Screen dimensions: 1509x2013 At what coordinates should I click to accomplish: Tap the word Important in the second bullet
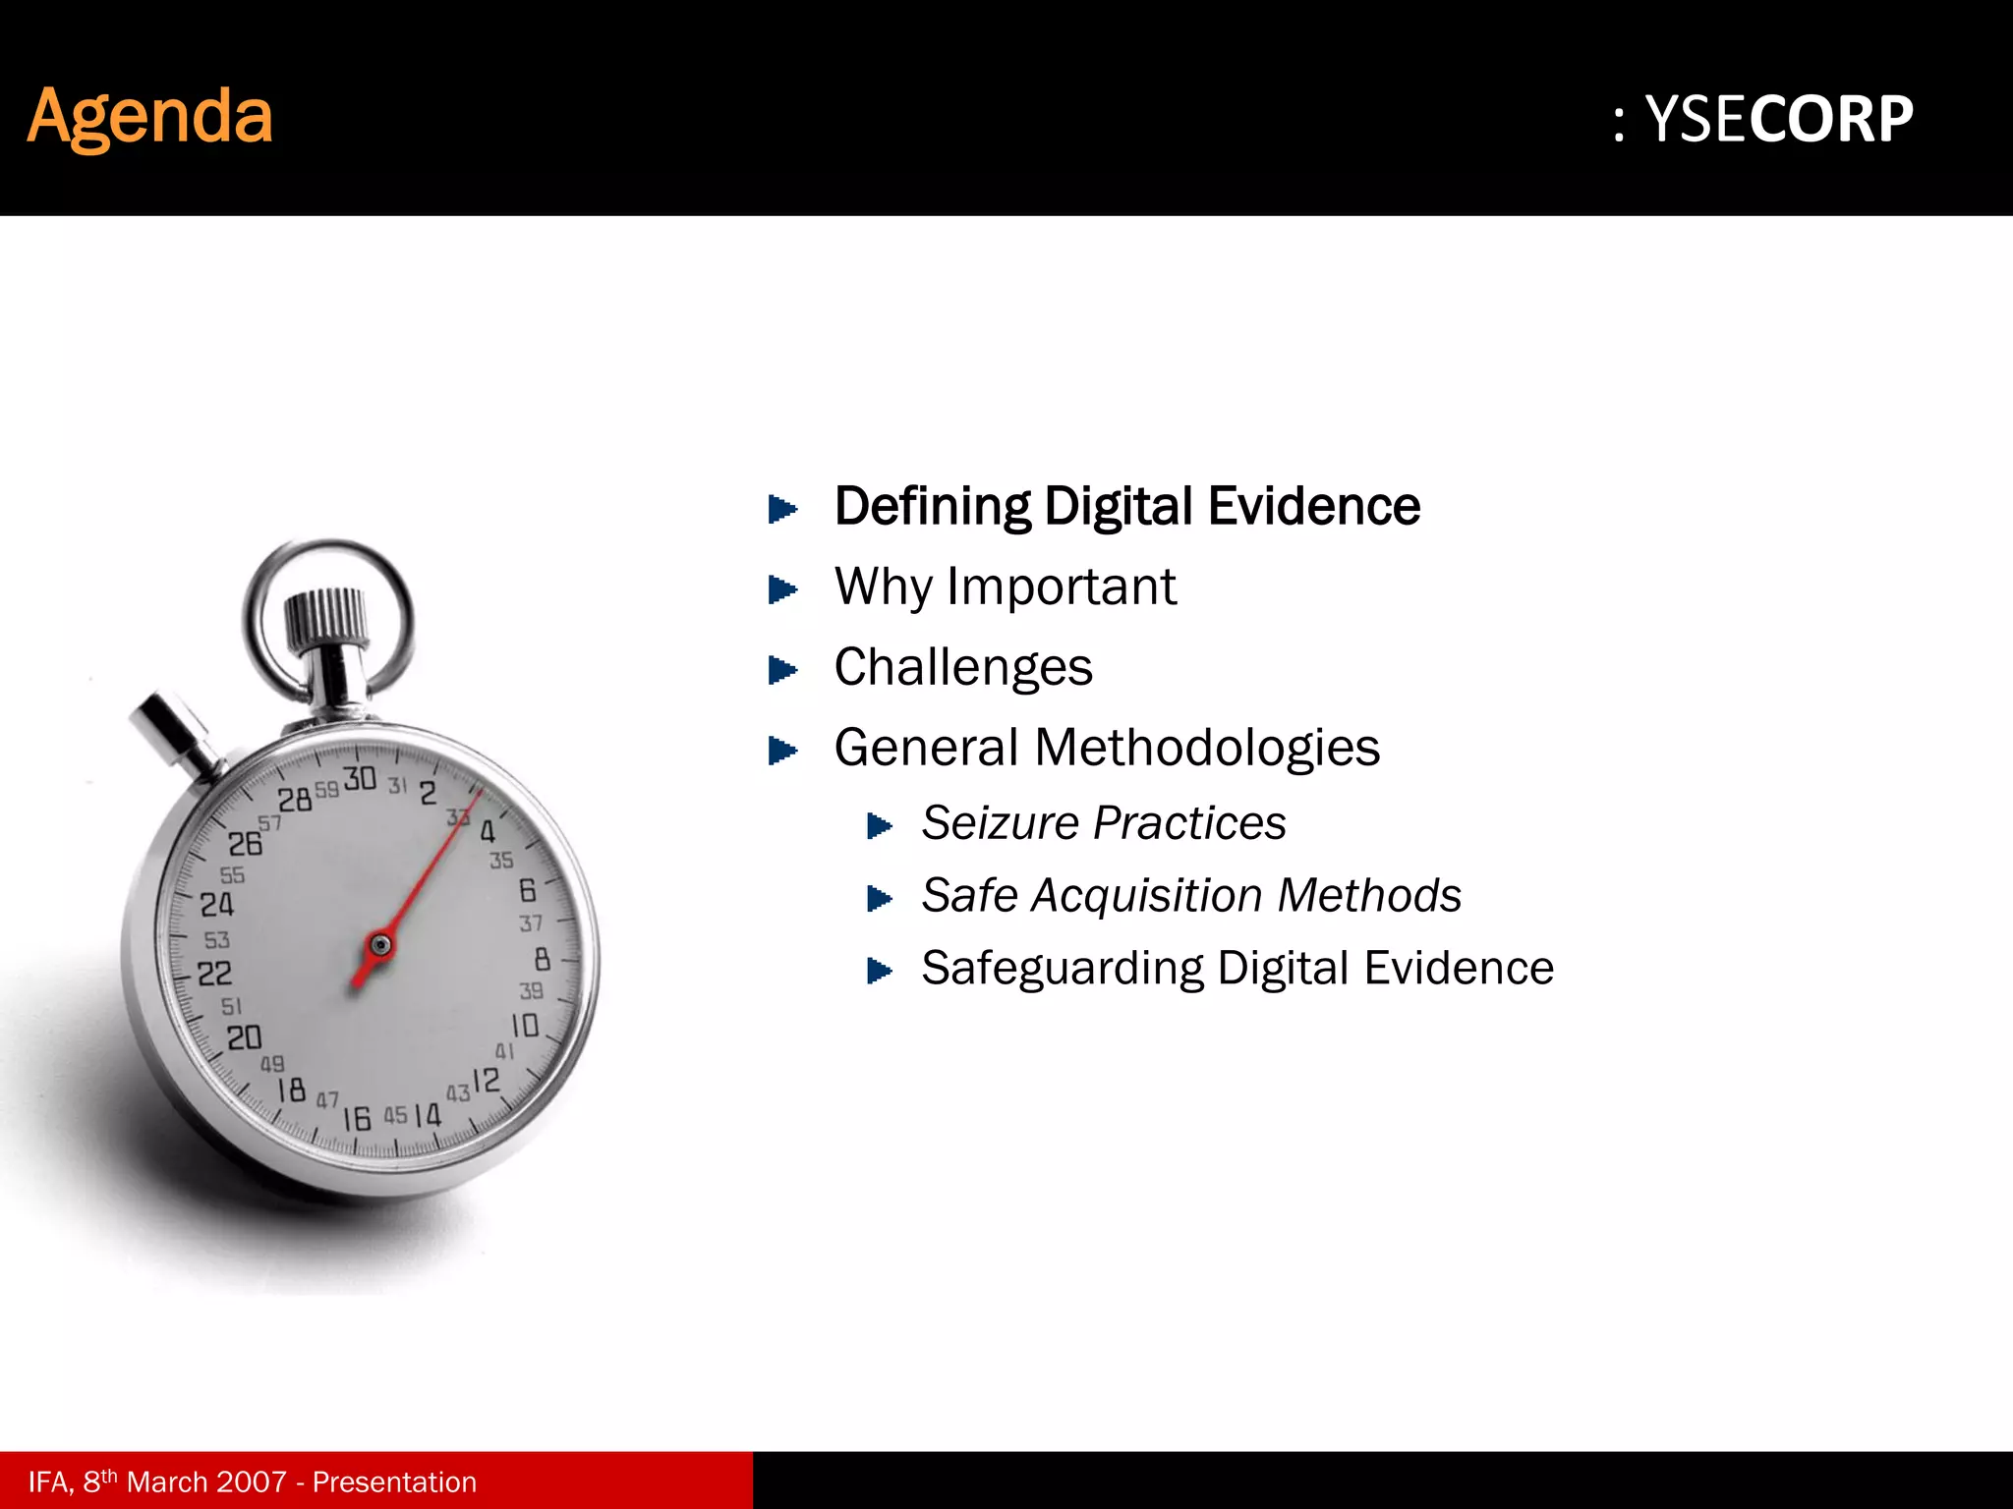[x=1062, y=587]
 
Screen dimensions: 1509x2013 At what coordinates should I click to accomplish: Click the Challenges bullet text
[x=963, y=668]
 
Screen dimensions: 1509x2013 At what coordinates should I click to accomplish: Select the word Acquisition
[x=1146, y=896]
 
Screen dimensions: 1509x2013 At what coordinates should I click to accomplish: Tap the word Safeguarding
[x=1062, y=969]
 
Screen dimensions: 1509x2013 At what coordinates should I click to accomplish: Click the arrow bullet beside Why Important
[x=782, y=589]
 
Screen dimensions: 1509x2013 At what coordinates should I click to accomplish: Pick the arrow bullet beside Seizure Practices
[x=880, y=826]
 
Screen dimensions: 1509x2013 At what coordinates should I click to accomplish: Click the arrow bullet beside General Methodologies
[x=782, y=751]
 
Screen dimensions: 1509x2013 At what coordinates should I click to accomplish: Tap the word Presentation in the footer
[x=394, y=1481]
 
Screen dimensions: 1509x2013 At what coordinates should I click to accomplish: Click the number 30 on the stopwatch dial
[x=360, y=779]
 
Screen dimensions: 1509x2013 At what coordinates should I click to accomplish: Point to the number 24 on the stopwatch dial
[x=217, y=904]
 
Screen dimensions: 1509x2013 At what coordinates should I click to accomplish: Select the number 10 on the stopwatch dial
[x=525, y=1026]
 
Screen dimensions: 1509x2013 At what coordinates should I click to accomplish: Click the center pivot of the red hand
[x=379, y=946]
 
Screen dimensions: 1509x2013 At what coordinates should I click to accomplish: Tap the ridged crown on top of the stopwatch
[x=326, y=619]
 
